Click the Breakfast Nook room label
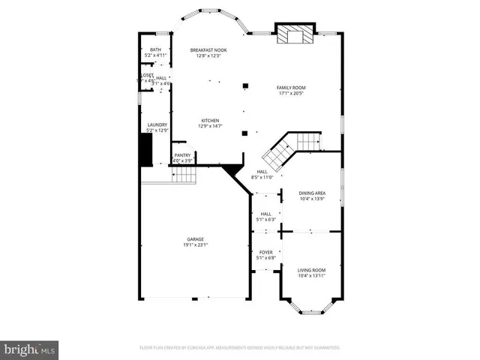(208, 50)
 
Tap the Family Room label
(291, 88)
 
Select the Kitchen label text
(209, 120)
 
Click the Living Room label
(311, 270)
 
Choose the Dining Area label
(311, 193)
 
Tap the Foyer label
(266, 252)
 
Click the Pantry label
(183, 155)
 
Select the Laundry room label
(157, 125)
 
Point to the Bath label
(156, 50)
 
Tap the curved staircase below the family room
(289, 148)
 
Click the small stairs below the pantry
(184, 175)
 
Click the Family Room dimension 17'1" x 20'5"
(291, 94)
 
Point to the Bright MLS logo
(30, 349)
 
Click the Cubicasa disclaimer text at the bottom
(240, 348)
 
